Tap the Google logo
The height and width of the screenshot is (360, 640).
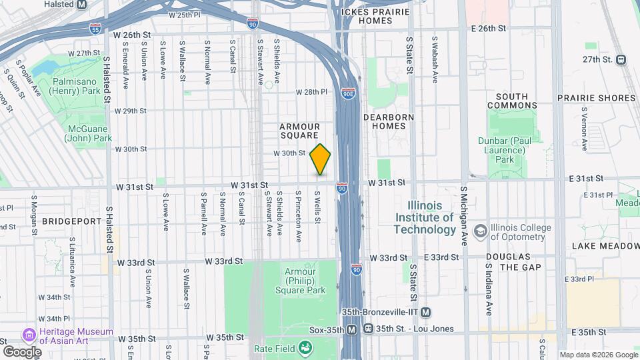click(22, 351)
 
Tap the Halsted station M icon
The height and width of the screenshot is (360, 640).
click(81, 4)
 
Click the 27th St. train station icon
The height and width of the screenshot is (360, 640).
click(621, 59)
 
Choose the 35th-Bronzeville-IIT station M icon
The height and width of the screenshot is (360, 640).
click(425, 313)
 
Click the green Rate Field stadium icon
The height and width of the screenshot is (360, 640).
click(305, 347)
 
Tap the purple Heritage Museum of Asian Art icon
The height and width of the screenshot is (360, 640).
click(29, 333)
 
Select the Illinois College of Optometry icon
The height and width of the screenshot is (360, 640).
click(479, 231)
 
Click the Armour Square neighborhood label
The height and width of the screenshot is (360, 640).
click(299, 131)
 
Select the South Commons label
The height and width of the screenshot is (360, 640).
click(512, 101)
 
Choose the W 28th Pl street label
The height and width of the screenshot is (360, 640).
click(313, 92)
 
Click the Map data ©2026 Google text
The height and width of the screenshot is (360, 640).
click(598, 355)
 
